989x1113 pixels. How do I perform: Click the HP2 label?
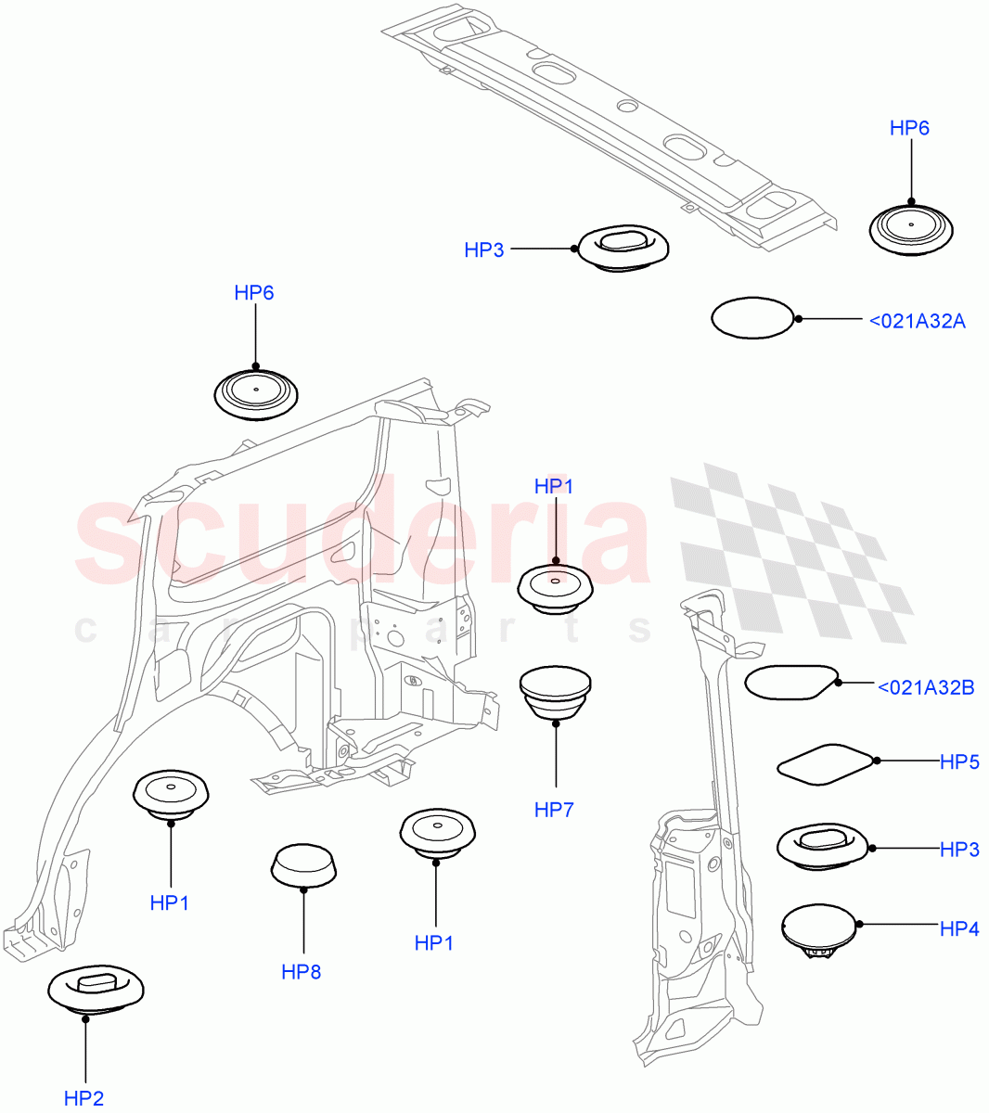tap(83, 1098)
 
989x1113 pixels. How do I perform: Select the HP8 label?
tap(302, 972)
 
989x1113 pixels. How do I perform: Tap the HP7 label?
tap(554, 810)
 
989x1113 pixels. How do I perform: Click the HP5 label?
tap(959, 761)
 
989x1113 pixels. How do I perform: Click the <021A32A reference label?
tap(918, 321)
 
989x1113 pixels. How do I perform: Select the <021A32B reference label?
tap(925, 687)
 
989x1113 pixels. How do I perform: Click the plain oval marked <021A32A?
tap(753, 318)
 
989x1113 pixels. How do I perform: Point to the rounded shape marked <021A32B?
tap(791, 682)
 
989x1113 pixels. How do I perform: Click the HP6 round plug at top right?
tap(911, 227)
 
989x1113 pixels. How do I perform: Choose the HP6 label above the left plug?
tap(253, 293)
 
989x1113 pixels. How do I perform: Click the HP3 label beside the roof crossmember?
tap(484, 249)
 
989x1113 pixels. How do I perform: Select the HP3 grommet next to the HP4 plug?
tap(821, 847)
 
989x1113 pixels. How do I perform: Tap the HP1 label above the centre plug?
tap(554, 486)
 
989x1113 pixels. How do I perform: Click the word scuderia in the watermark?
tap(362, 538)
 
